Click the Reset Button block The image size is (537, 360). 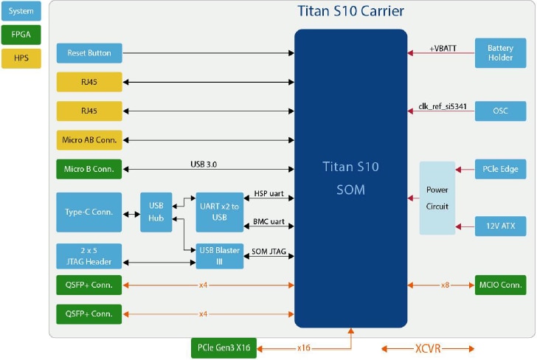pyautogui.click(x=89, y=53)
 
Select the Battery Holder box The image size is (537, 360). pyautogui.click(x=500, y=53)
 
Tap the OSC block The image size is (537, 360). pyautogui.click(x=500, y=111)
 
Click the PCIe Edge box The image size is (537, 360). pyautogui.click(x=500, y=169)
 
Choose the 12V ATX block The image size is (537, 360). pyautogui.click(x=500, y=226)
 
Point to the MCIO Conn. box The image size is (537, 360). pyautogui.click(x=500, y=285)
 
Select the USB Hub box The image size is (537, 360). pyautogui.click(x=156, y=212)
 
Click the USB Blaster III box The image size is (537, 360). pyautogui.click(x=219, y=255)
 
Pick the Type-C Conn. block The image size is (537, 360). pyautogui.click(x=89, y=212)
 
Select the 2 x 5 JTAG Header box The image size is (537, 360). pyautogui.click(x=89, y=255)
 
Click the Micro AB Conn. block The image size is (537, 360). pyautogui.click(x=89, y=140)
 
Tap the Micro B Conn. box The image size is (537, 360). pyautogui.click(x=89, y=169)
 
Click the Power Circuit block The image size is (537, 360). pyautogui.click(x=437, y=198)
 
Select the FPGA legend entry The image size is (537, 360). pyautogui.click(x=21, y=34)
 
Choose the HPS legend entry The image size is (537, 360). pyautogui.click(x=21, y=58)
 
